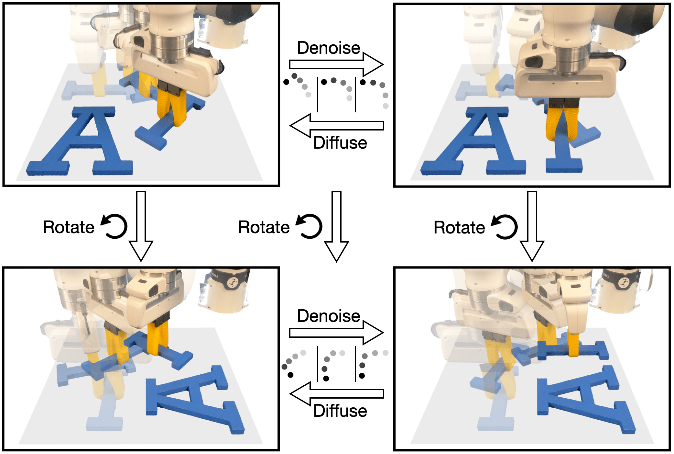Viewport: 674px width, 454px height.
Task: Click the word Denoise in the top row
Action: coord(329,48)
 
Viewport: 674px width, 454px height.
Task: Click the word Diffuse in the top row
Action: coord(340,143)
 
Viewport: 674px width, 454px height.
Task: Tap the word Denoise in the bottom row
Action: coord(329,316)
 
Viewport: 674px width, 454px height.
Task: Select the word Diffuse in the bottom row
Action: coord(340,411)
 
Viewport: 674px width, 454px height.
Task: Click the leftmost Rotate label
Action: coord(69,227)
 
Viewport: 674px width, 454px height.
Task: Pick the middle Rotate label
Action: coord(264,227)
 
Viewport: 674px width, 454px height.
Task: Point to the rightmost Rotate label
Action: coord(459,227)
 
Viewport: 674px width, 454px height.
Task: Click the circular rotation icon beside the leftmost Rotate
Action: coord(114,226)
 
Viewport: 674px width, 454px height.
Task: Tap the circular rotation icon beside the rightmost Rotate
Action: coord(504,226)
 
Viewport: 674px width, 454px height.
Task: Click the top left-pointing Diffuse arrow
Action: coord(336,126)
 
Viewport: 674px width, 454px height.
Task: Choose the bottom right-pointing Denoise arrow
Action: coord(336,332)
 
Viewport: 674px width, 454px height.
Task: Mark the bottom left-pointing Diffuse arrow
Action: coord(336,394)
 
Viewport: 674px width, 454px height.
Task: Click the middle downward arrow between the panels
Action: coord(336,226)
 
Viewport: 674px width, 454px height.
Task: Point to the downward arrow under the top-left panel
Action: coord(141,226)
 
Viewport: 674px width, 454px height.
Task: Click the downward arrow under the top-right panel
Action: coord(532,226)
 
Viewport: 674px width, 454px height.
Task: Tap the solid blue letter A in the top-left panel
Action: coord(80,141)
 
